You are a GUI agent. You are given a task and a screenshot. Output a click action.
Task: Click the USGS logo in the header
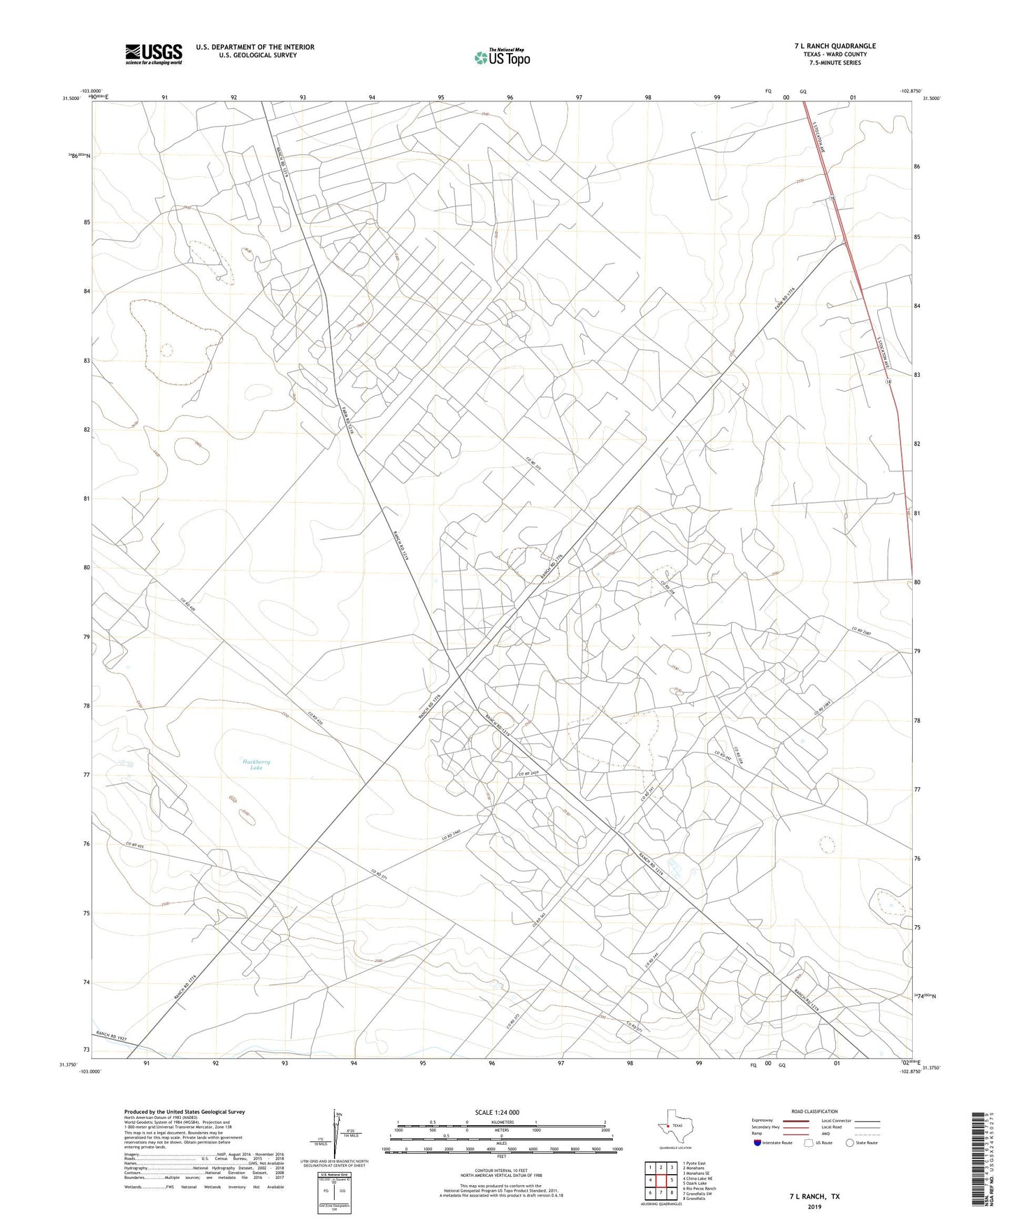154,54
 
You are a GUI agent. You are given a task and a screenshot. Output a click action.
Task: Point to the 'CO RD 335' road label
534,464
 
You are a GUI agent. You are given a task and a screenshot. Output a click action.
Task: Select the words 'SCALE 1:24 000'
501,1112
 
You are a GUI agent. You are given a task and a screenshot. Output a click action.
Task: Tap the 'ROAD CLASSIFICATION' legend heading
814,1111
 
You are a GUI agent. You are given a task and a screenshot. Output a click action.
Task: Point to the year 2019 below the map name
814,1206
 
